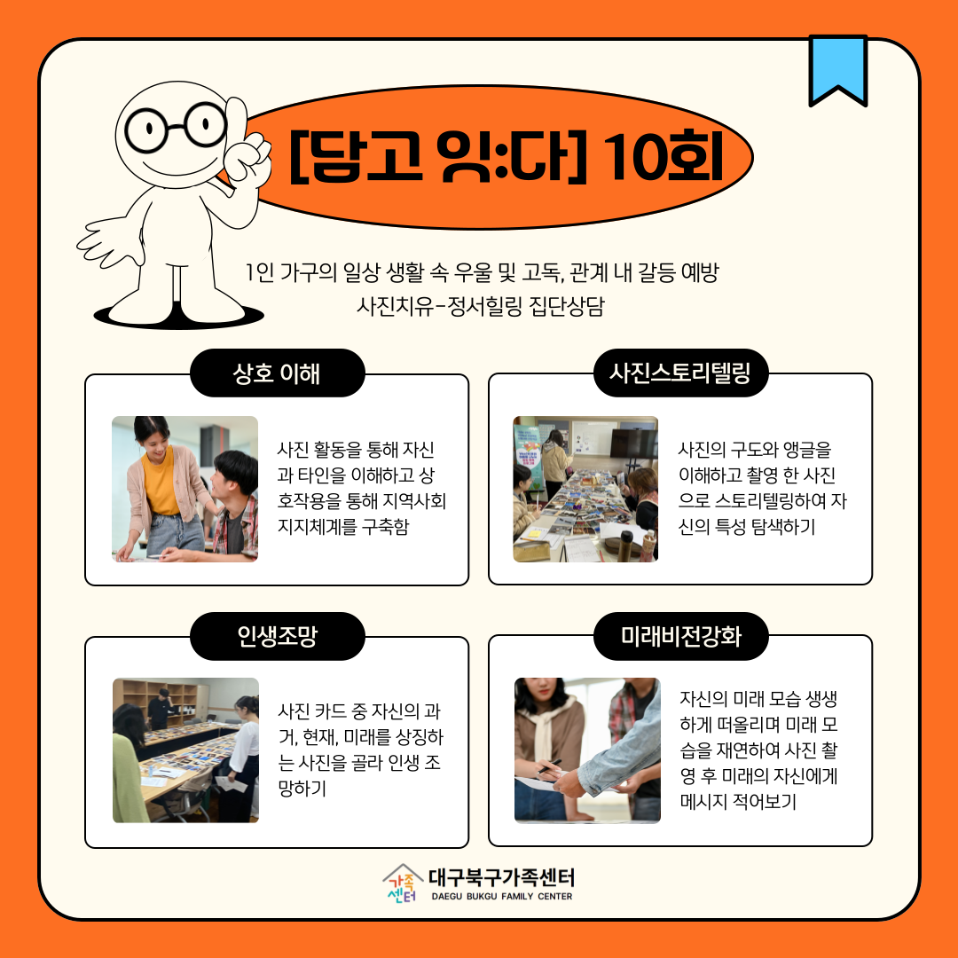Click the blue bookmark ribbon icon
(x=837, y=67)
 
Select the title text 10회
(x=664, y=157)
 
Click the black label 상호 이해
(x=278, y=373)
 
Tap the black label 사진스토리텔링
(x=680, y=373)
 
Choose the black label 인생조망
(x=278, y=636)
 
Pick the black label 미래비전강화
(x=680, y=636)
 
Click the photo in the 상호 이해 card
(x=185, y=489)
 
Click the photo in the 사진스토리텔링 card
(x=585, y=489)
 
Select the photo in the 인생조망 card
(x=185, y=750)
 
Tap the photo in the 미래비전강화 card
(x=587, y=750)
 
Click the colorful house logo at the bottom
(x=403, y=883)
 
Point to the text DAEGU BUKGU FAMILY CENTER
(x=501, y=896)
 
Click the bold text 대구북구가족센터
(x=501, y=877)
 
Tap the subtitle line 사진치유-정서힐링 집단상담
(x=480, y=305)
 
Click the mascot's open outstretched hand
(x=109, y=240)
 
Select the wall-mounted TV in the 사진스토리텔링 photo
(x=633, y=443)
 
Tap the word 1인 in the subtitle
(x=259, y=272)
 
